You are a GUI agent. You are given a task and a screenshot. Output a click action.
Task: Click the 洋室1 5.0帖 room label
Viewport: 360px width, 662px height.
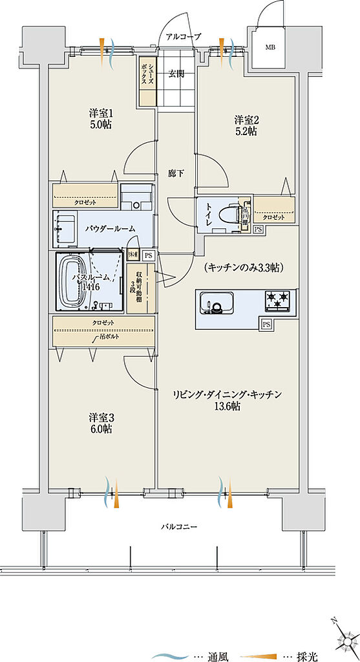(100, 119)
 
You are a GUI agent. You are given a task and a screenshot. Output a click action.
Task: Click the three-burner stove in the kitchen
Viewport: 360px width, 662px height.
(277, 300)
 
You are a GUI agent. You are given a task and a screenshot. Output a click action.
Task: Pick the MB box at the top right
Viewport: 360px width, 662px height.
(268, 48)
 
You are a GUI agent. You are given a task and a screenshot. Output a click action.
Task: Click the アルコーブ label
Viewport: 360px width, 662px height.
(184, 36)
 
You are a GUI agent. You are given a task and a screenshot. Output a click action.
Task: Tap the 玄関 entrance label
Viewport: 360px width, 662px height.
(176, 73)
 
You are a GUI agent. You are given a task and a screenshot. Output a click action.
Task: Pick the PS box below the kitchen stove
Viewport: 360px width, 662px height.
(266, 324)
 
